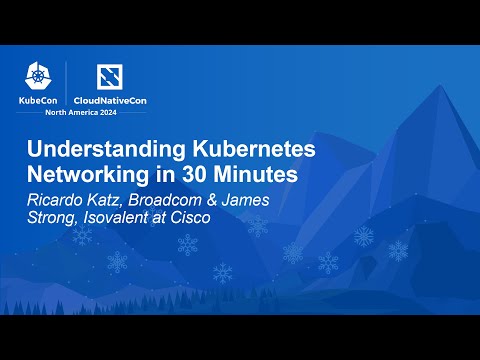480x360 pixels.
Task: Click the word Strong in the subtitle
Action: click(53, 218)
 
